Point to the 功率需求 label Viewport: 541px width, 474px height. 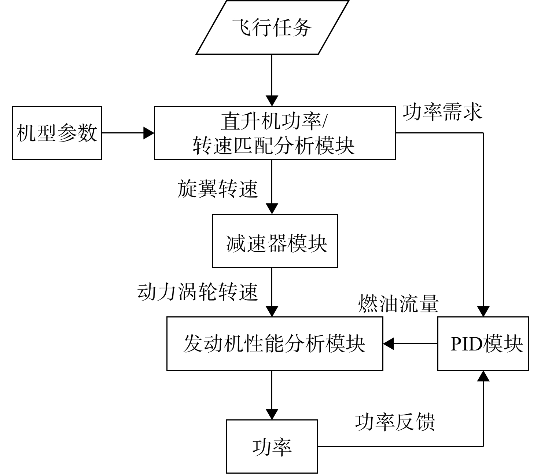442,112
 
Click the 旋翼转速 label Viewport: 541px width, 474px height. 218,188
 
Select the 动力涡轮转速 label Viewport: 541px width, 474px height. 198,292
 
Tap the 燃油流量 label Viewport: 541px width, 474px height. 398,304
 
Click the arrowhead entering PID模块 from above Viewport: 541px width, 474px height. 483,311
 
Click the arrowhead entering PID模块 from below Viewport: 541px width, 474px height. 483,376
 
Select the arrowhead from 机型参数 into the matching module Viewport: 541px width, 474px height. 149,133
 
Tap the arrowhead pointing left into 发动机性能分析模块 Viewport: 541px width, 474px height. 389,343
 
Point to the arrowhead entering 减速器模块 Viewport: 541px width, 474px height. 272,209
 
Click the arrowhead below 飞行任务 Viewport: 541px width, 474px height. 272,101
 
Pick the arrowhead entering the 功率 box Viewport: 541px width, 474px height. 272,414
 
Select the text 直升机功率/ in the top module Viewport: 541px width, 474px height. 274,121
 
